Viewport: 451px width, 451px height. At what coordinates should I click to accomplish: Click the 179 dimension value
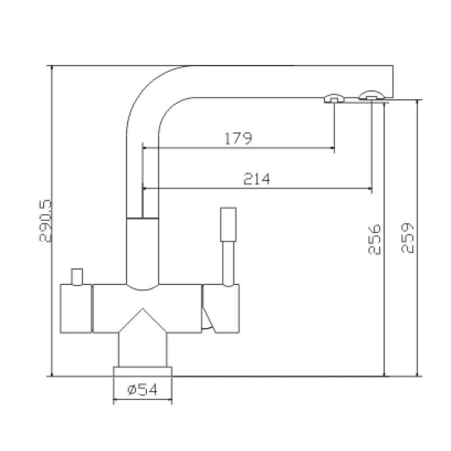click(238, 138)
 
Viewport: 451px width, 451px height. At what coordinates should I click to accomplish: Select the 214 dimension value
click(257, 179)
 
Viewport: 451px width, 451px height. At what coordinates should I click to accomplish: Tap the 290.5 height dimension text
click(45, 221)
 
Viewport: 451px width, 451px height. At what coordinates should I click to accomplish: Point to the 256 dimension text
click(374, 239)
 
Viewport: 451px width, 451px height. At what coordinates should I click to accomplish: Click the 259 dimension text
click(407, 238)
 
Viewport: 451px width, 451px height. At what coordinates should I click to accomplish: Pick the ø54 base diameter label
click(143, 390)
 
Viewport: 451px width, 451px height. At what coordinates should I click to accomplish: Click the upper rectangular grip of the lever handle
click(228, 224)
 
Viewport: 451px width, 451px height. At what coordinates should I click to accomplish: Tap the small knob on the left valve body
click(77, 277)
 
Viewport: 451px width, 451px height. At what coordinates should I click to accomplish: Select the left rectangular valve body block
click(76, 308)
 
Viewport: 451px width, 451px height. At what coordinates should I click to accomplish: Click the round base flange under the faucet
click(143, 371)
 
